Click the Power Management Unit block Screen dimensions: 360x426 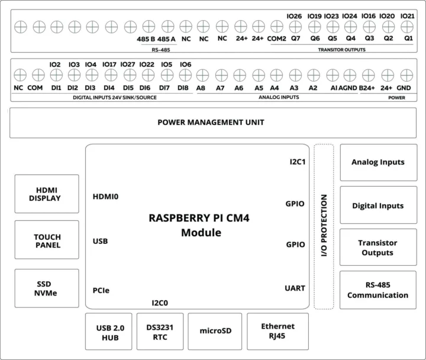(211, 123)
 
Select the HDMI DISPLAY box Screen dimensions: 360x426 (47, 194)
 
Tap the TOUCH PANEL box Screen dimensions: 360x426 (47, 240)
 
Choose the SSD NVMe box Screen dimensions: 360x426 (47, 288)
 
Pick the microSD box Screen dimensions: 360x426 (215, 332)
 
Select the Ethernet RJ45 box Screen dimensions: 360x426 (277, 332)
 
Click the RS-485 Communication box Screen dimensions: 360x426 (378, 290)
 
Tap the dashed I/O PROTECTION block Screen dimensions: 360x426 (324, 227)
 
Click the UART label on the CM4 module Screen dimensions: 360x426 (294, 288)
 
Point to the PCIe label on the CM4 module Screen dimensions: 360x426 (101, 290)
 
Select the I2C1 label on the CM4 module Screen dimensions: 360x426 (297, 162)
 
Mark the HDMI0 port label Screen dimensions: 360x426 (106, 197)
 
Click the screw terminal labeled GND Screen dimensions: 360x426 (405, 75)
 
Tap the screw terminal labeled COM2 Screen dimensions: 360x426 (276, 27)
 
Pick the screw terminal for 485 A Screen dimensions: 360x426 (168, 27)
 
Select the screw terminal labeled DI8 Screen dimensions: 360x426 (184, 75)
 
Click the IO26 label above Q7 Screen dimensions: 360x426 (294, 16)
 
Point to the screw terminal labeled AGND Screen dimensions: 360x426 (349, 75)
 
